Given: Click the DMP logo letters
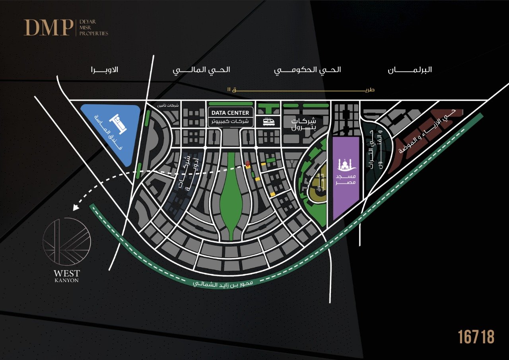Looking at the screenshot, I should coord(47,27).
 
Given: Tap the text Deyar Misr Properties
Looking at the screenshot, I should coord(93,27).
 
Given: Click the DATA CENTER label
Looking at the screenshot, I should coord(230,113).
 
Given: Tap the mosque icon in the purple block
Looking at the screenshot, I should coord(345,165).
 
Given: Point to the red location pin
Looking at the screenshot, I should coord(248,164).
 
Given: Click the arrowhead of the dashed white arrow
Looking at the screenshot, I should coord(76,207).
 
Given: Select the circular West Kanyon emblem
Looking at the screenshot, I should coord(67,241).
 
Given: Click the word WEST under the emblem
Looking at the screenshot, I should coord(67,273).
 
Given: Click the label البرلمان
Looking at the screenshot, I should coord(410,70).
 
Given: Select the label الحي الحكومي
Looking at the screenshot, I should coord(307,70).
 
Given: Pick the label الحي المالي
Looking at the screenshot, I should coord(201,70).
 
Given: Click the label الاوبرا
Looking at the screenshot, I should coord(104,70).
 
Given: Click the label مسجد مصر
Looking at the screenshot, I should coord(345,179).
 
